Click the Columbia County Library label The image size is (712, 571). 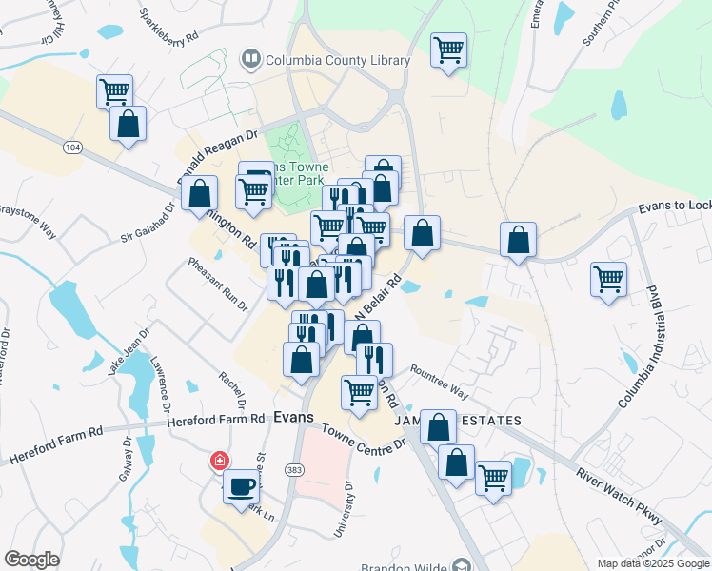[338, 60]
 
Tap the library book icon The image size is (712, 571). [251, 60]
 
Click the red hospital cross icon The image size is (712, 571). [220, 462]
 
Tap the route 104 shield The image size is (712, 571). [72, 148]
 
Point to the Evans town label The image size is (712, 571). [293, 417]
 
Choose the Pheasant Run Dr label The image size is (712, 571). [218, 284]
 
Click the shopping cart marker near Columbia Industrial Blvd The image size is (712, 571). [608, 279]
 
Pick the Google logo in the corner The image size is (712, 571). [31, 560]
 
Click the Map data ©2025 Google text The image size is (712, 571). [653, 563]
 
